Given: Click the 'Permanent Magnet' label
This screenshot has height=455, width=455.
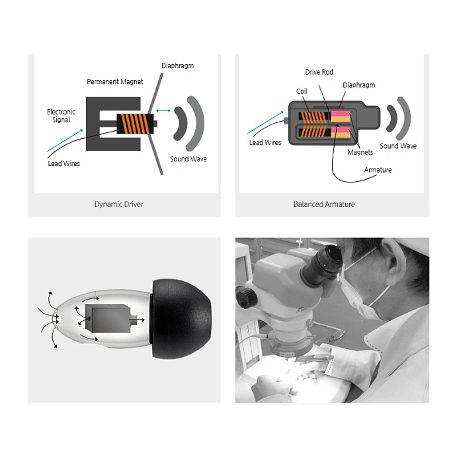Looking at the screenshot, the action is (x=115, y=82).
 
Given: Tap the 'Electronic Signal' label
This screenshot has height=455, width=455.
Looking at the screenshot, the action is (x=61, y=116).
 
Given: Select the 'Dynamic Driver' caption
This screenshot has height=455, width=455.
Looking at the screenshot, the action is (x=118, y=204).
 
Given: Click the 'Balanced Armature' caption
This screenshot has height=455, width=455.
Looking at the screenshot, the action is (x=324, y=204).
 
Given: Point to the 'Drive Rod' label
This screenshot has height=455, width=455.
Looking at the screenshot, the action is (x=319, y=72).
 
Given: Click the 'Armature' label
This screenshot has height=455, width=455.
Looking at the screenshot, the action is (x=378, y=170).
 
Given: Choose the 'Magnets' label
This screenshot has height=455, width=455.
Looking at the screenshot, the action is (x=360, y=152).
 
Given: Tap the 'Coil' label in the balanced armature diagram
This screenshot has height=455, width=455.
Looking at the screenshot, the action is (x=302, y=91).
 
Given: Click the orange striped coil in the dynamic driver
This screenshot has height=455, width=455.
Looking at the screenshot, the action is (x=135, y=124).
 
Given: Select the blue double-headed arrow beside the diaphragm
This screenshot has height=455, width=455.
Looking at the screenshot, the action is (x=163, y=110).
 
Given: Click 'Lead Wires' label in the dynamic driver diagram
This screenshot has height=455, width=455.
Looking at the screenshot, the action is (x=64, y=163).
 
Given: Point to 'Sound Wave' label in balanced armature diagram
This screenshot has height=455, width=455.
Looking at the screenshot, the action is (x=398, y=146).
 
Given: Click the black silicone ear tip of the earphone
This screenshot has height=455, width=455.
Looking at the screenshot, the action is (x=181, y=319).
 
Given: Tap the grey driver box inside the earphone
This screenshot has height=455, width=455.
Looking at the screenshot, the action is (x=108, y=318).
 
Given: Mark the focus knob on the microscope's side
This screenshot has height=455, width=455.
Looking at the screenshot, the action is (x=246, y=298).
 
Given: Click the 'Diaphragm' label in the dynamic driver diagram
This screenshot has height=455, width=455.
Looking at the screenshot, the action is (x=178, y=66).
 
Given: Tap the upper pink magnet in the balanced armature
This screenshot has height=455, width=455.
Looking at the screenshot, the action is (x=341, y=114).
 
